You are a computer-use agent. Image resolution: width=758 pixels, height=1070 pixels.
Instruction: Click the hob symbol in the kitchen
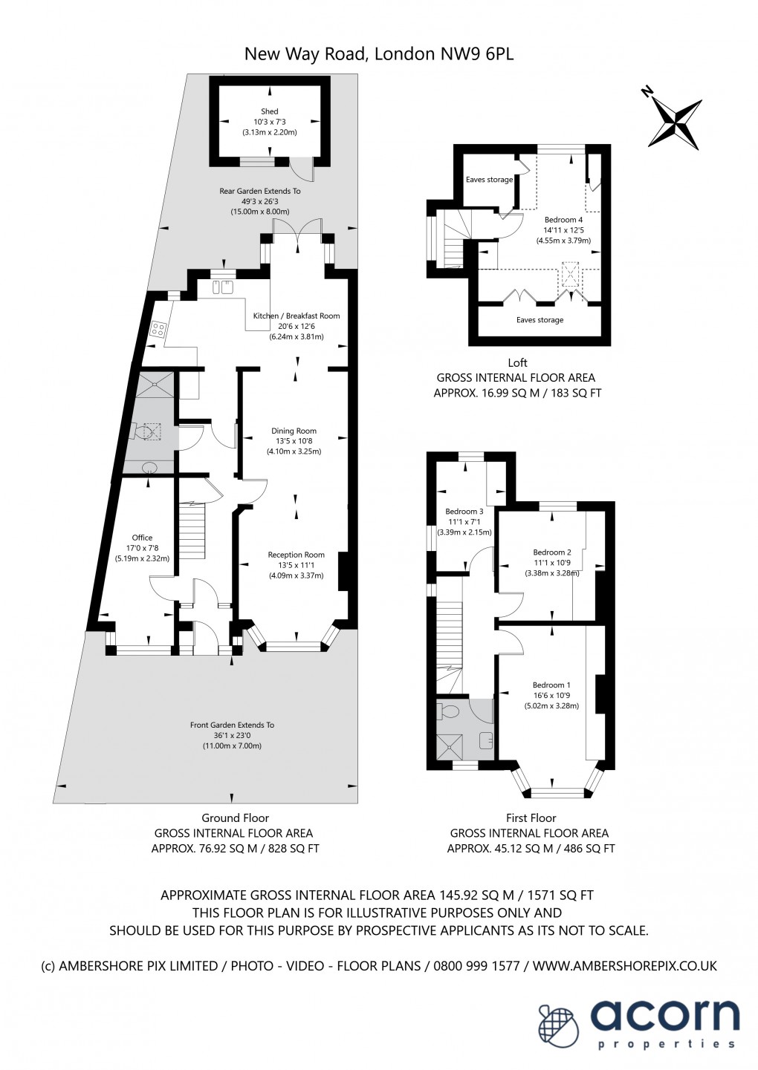tap(158, 329)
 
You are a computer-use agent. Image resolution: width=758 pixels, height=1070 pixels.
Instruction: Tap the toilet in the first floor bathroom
tap(450, 711)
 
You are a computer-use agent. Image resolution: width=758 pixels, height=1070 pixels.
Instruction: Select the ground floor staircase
tap(192, 531)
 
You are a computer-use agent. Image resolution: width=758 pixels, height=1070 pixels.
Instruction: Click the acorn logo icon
tap(559, 1025)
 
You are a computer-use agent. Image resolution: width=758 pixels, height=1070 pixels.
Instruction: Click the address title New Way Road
tap(379, 54)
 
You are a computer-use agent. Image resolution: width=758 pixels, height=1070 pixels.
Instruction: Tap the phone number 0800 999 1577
tap(473, 966)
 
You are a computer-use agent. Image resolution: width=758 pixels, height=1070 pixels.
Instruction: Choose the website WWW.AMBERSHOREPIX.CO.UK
tap(624, 966)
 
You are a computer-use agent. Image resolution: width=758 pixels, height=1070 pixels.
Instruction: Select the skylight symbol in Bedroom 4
tap(570, 275)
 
